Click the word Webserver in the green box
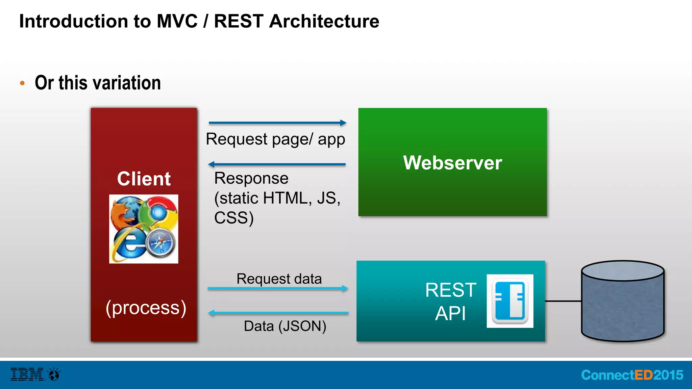click(x=452, y=163)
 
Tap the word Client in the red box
click(x=144, y=179)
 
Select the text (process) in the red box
click(x=146, y=308)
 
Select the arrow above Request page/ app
click(x=277, y=123)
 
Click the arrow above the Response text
click(x=277, y=164)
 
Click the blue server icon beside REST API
click(x=510, y=301)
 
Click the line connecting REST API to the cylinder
click(x=563, y=301)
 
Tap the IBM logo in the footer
click(x=27, y=374)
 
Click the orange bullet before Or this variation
click(x=22, y=83)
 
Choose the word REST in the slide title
click(x=239, y=21)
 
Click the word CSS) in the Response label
click(x=234, y=218)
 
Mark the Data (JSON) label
click(x=285, y=326)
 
